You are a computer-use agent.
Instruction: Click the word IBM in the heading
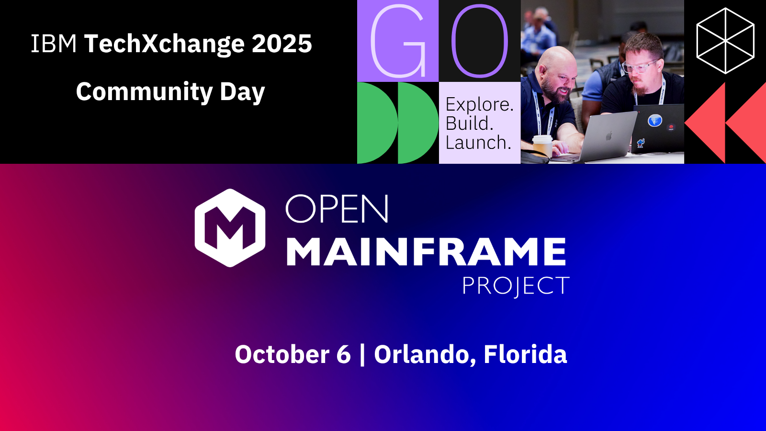pos(54,44)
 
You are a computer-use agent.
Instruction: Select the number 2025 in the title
pos(282,44)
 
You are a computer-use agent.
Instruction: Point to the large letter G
pos(398,41)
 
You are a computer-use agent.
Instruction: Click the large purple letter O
pos(479,41)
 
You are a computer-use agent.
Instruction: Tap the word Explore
pos(479,104)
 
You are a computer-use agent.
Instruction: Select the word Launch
pos(478,142)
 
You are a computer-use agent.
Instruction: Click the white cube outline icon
pos(725,41)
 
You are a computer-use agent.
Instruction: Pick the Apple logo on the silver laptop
pos(609,136)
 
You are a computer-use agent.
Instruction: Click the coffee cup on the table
pos(542,147)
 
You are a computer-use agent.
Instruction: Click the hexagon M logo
pos(230,228)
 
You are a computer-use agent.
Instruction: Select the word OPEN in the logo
pos(337,209)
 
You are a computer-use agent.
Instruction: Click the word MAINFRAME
pos(426,251)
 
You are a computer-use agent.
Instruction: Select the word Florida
pos(525,354)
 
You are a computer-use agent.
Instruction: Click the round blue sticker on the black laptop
pos(654,120)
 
